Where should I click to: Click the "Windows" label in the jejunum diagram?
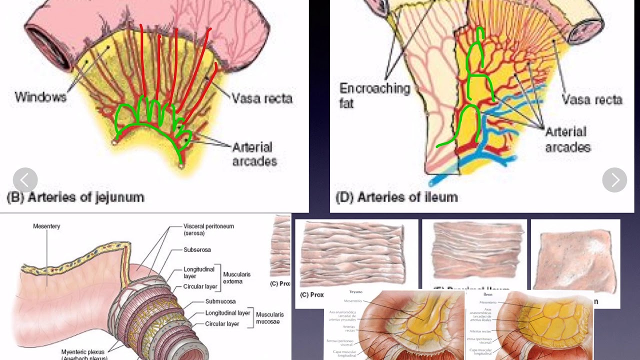click(x=40, y=96)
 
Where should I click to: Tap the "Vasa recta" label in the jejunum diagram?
click(x=262, y=98)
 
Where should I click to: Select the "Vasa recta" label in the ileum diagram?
click(x=592, y=99)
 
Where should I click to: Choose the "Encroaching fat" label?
click(x=374, y=95)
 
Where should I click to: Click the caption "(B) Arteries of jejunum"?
click(x=75, y=197)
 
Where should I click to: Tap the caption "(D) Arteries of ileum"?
click(x=396, y=197)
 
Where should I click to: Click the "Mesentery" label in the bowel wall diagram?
click(x=46, y=226)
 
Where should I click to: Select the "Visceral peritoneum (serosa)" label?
click(x=208, y=229)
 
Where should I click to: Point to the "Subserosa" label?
click(x=197, y=249)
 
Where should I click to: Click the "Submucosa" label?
click(x=220, y=301)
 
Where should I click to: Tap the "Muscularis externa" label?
click(x=236, y=278)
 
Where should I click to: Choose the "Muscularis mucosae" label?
click(x=269, y=318)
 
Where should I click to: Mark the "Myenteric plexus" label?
click(x=83, y=352)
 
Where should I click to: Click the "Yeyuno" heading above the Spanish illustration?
click(x=355, y=291)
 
